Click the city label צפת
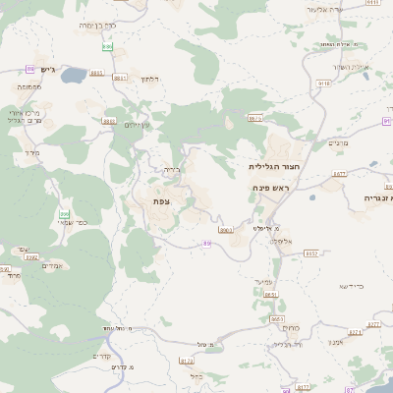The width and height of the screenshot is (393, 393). [x=161, y=200]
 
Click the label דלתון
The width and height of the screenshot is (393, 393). [x=149, y=78]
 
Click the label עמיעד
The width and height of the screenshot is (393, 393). [x=263, y=282]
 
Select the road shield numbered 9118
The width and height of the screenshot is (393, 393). [x=323, y=85]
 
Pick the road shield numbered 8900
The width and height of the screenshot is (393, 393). [x=225, y=230]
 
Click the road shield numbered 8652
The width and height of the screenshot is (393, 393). [x=311, y=253]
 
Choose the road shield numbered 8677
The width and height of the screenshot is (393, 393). [x=340, y=173]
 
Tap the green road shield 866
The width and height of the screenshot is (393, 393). [x=65, y=213]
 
